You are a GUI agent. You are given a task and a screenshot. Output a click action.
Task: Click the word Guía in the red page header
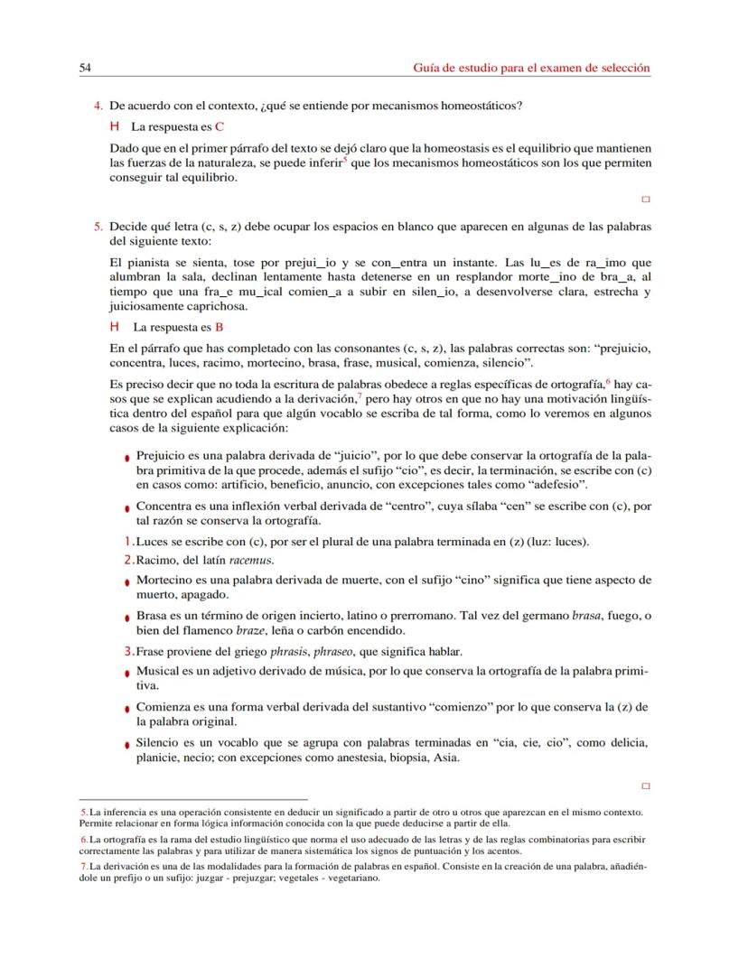(x=425, y=68)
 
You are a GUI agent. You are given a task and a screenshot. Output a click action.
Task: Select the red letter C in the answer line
(x=220, y=126)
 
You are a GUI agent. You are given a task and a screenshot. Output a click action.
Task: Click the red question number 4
(x=98, y=106)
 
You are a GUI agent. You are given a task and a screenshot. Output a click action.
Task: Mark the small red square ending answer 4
(x=645, y=198)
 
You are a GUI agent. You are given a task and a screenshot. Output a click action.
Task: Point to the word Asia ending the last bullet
(x=445, y=758)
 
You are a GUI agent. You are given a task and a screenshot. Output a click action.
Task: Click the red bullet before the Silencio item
(x=128, y=746)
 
